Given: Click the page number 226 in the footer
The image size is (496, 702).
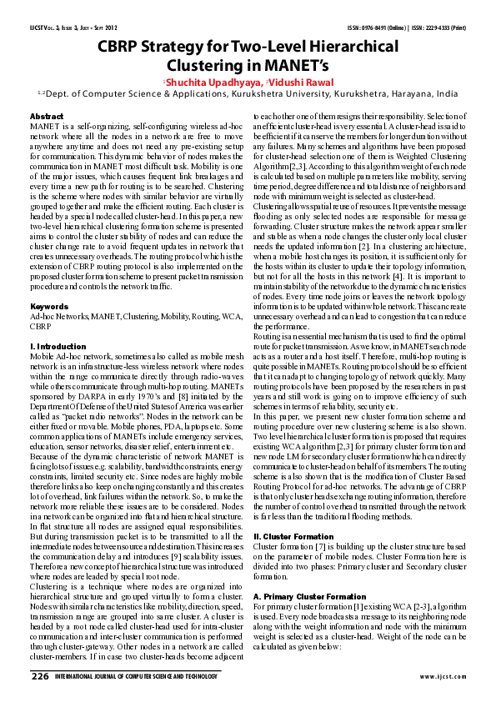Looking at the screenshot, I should [x=39, y=676].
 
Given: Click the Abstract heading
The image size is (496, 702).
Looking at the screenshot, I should [x=47, y=114].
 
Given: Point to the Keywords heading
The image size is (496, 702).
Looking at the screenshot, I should [x=49, y=283].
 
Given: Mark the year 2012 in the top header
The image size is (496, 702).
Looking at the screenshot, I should [x=125, y=28].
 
